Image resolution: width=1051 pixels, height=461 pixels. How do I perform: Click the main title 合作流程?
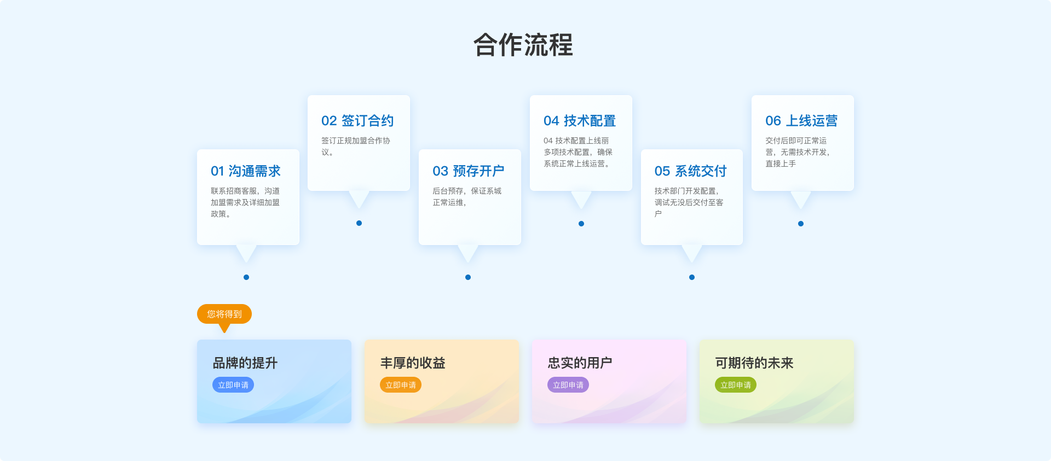coord(523,45)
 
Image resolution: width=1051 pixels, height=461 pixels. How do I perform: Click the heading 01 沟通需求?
coord(246,171)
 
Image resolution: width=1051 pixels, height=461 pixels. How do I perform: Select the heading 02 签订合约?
coord(357,121)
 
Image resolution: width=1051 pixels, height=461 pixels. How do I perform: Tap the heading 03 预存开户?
coord(468,171)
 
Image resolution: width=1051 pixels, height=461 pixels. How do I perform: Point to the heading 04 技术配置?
coord(580,121)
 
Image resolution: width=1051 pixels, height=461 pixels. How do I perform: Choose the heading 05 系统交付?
coord(690,171)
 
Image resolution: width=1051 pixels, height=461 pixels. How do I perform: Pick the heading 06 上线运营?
coord(801,121)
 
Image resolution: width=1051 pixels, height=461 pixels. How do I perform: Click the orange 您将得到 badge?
coord(224,314)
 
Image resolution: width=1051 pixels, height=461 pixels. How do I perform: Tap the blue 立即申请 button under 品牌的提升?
coord(233,385)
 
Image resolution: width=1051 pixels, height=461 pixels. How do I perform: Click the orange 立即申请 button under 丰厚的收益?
coord(401,385)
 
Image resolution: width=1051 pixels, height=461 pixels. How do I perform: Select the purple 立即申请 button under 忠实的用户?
coord(568,385)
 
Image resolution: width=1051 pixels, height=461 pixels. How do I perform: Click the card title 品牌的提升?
coord(245,363)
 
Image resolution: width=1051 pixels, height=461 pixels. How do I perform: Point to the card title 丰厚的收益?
coord(413,363)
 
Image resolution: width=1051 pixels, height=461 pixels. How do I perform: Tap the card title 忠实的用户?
coord(580,363)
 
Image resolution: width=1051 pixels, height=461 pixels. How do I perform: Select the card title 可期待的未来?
coord(754,363)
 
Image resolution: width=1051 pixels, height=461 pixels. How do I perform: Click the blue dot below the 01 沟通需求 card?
coord(246,277)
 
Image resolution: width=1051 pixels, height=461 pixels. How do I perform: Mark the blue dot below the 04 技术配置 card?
coord(581,224)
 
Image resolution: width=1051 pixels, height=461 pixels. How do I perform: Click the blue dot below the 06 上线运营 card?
coord(801,224)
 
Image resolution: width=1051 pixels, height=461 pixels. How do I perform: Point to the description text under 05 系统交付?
coord(689,202)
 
